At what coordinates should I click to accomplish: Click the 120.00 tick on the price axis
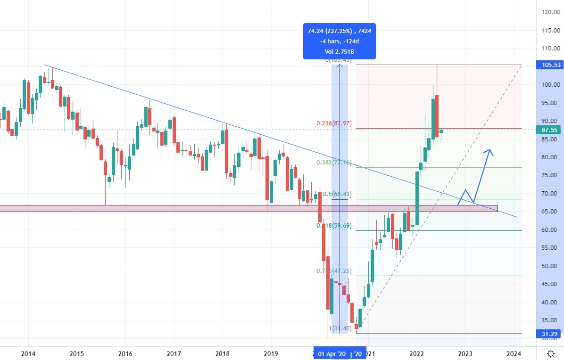tap(550, 12)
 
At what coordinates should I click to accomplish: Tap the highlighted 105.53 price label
tap(550, 65)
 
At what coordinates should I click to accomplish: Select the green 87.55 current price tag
tap(550, 130)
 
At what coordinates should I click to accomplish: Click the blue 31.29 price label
tap(550, 334)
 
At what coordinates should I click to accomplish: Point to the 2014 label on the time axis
tap(28, 353)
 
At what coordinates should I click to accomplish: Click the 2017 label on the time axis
tap(174, 353)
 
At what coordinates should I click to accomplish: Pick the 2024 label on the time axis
tap(514, 353)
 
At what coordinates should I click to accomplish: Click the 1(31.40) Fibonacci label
tap(340, 328)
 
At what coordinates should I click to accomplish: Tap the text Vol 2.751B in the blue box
tap(340, 51)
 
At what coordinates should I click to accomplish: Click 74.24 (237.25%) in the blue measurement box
tap(329, 31)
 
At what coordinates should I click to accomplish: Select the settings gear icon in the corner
tap(550, 353)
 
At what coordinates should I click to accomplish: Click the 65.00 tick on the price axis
tap(550, 212)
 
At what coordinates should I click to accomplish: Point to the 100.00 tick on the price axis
tap(550, 85)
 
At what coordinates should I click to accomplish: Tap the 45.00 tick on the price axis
tap(550, 284)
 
